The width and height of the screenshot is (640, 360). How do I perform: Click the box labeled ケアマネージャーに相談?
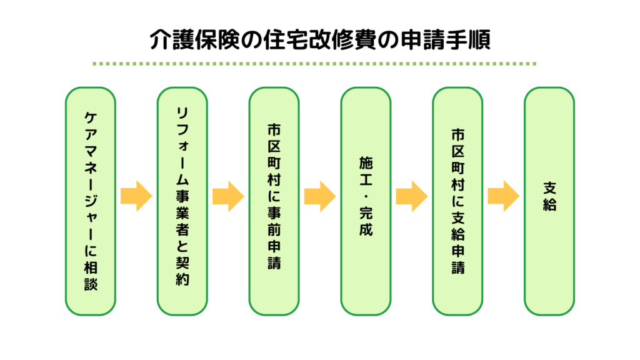click(x=91, y=201)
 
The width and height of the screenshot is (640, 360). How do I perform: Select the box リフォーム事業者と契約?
click(x=182, y=201)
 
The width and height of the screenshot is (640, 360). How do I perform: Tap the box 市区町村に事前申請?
click(x=274, y=201)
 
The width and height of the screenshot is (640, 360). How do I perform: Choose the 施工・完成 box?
click(x=366, y=201)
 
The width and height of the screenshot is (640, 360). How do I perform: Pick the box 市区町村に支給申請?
click(x=457, y=201)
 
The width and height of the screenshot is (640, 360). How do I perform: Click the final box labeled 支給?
click(x=549, y=201)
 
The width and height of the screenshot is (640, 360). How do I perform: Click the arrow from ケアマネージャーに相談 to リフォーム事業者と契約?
click(x=136, y=196)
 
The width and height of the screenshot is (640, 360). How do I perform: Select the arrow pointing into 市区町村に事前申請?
click(x=227, y=196)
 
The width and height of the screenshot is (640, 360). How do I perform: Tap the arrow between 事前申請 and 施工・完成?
click(x=319, y=196)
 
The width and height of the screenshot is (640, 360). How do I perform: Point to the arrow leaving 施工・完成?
click(x=411, y=196)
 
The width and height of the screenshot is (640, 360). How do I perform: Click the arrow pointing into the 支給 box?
click(x=503, y=196)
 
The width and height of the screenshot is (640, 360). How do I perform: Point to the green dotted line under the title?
click(x=314, y=64)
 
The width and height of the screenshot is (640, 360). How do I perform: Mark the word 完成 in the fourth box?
click(x=366, y=222)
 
